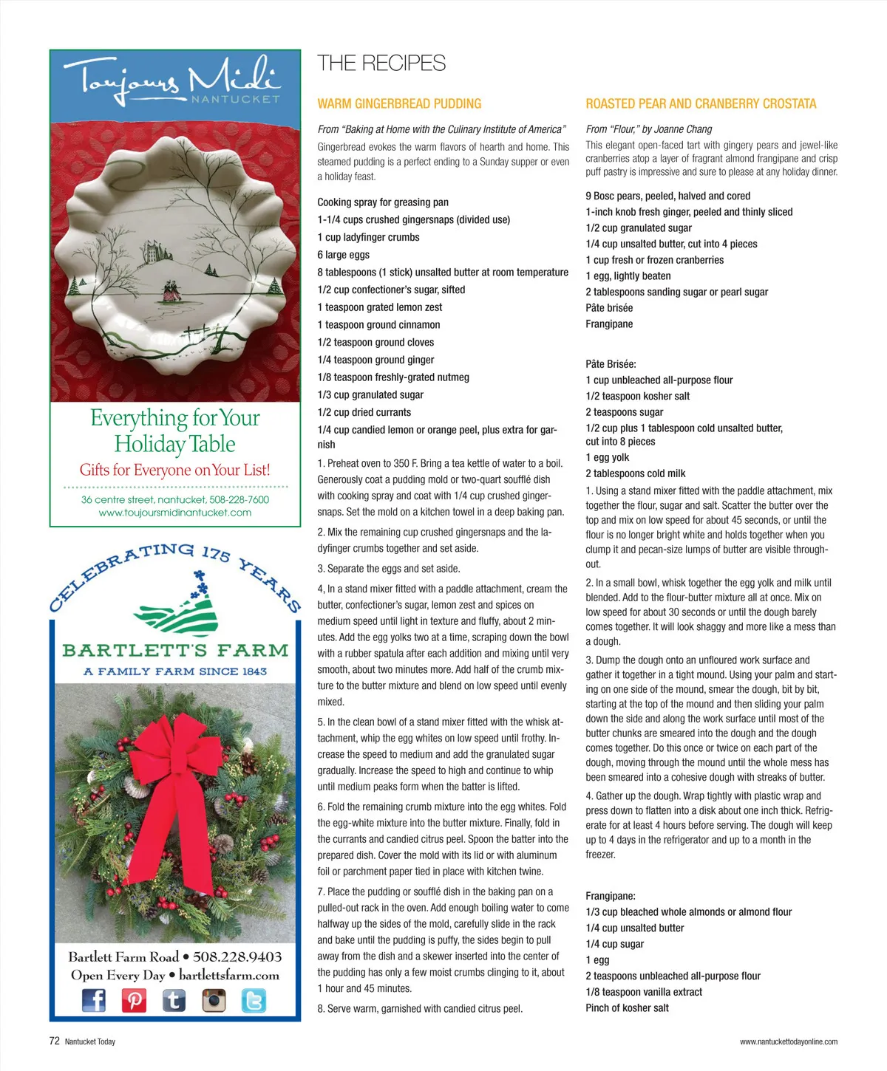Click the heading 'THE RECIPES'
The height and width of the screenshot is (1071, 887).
pos(381,64)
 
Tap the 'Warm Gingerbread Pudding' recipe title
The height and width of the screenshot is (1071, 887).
pos(399,104)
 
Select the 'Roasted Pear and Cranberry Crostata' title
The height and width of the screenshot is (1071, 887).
pos(701,104)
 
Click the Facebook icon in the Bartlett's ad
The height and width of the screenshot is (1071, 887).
pos(94,1000)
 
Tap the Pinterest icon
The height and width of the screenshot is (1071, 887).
pos(134,1000)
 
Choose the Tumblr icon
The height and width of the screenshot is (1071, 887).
pos(174,1000)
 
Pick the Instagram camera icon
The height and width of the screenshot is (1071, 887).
pos(214,1000)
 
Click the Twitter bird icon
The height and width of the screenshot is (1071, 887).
pos(254,1000)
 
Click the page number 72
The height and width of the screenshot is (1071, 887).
pos(54,1041)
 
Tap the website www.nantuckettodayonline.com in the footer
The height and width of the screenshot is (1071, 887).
pos(788,1041)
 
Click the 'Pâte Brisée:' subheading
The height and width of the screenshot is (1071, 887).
pos(611,364)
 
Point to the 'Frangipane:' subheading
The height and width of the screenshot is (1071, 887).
pos(610,896)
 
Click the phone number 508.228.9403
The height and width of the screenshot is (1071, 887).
pos(237,957)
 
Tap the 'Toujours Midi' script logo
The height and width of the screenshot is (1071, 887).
pos(171,80)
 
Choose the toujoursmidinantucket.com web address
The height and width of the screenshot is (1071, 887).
pos(175,513)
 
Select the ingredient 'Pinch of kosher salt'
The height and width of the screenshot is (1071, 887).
pos(627,1007)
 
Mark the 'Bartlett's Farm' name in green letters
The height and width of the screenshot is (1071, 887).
pos(175,651)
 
